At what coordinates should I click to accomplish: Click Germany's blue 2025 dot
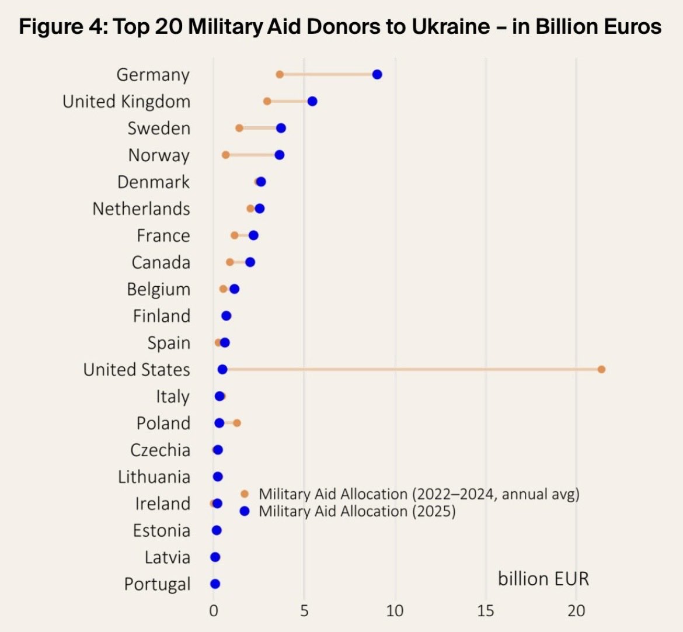377,74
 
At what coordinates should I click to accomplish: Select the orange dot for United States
601,369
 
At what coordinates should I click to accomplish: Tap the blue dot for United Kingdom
312,101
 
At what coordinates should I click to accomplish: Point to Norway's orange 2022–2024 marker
226,155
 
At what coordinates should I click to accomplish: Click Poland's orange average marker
236,423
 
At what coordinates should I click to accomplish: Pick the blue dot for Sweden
281,128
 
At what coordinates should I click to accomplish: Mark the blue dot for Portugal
215,584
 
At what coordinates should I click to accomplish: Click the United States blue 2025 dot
222,369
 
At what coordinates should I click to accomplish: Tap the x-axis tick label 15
485,611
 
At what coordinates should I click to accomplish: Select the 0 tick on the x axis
214,611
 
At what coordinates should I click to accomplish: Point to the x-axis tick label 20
576,611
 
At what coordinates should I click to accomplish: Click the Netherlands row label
141,209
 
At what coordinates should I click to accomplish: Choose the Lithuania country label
154,477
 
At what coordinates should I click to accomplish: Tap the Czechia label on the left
160,450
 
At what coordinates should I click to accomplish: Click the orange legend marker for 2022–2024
245,494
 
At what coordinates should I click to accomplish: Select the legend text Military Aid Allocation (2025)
357,511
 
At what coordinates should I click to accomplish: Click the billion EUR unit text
543,579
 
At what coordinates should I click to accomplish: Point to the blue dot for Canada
250,262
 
